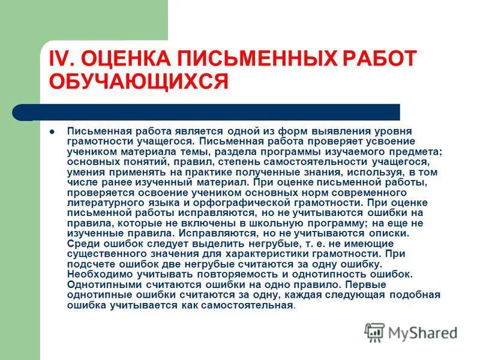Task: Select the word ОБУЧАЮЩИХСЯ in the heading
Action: point(139,81)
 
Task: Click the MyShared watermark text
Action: point(422,333)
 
